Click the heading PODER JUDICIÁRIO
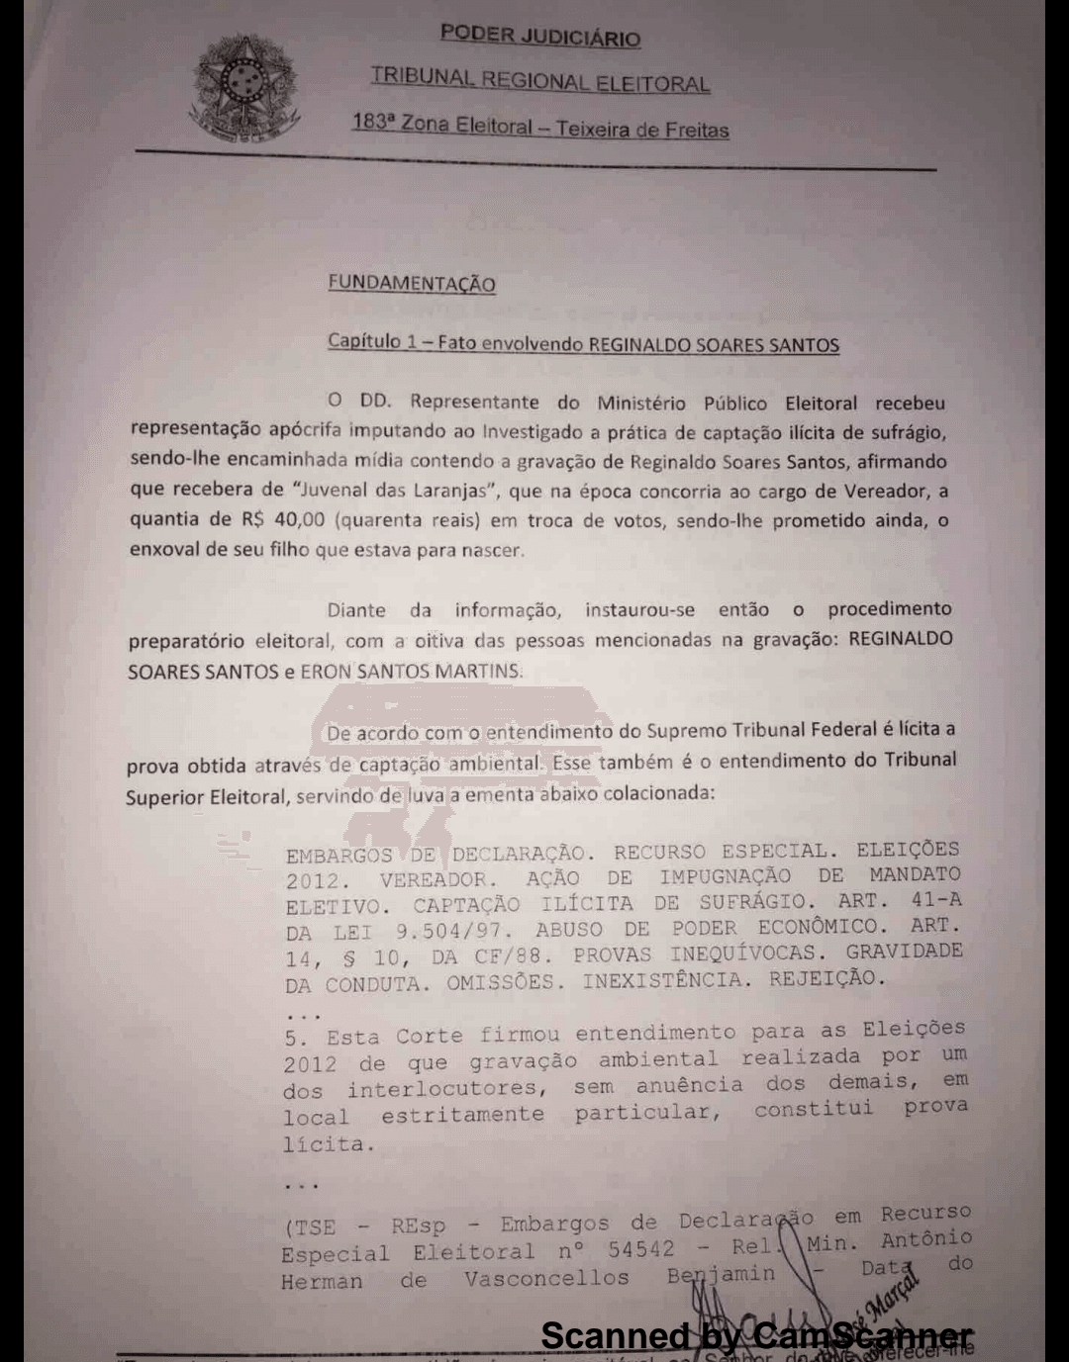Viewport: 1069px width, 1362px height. coord(540,36)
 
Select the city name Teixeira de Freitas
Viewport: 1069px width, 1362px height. coord(642,130)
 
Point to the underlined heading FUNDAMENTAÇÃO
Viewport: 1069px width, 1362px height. coord(412,284)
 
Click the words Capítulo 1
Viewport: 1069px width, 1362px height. coord(372,341)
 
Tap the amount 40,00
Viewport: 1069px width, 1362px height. coord(298,519)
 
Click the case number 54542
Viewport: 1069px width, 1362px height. coord(640,1250)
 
